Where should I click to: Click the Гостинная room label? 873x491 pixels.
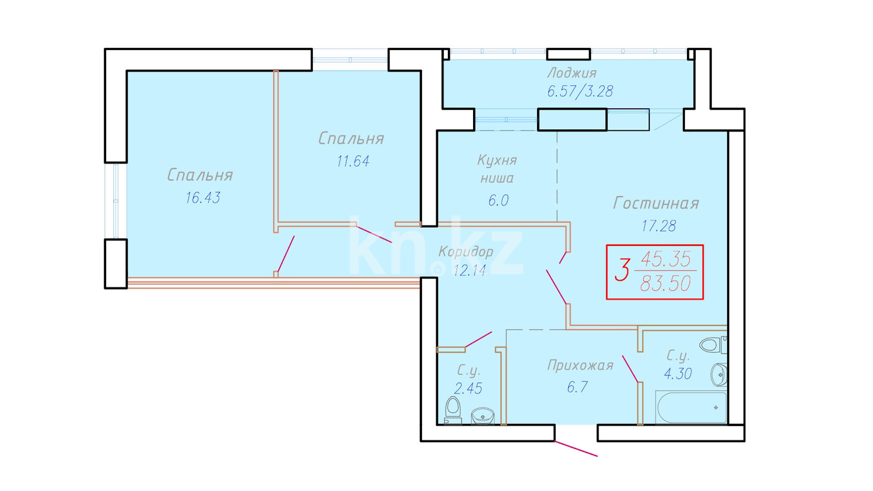click(x=656, y=204)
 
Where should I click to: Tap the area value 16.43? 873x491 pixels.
click(x=203, y=198)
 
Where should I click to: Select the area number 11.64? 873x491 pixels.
click(x=353, y=161)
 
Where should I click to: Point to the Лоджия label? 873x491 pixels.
click(x=572, y=73)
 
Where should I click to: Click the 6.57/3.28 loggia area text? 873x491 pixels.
click(x=580, y=92)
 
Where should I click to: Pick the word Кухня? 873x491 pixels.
click(x=497, y=160)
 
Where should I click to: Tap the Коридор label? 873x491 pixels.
click(x=466, y=252)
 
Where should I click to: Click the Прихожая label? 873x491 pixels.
click(x=580, y=365)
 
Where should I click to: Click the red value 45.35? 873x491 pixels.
click(x=666, y=259)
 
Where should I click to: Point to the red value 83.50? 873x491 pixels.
click(x=665, y=283)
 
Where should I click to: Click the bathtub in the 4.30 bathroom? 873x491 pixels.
click(x=692, y=407)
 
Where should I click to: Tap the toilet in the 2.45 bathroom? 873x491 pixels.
click(x=453, y=410)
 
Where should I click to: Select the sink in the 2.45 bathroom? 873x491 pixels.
click(x=483, y=416)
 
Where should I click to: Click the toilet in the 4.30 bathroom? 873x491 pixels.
click(x=713, y=345)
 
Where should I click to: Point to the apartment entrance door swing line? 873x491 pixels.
click(x=576, y=449)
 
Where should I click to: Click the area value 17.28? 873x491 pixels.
click(x=659, y=226)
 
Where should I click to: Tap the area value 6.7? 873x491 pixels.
click(x=577, y=387)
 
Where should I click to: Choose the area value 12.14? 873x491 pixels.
click(x=469, y=270)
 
